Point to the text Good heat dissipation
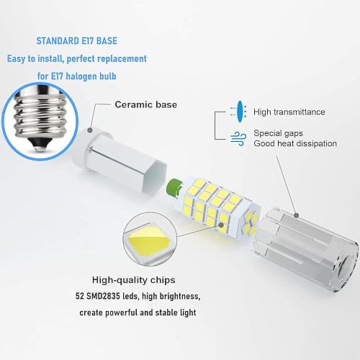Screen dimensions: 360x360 tap(295, 144)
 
